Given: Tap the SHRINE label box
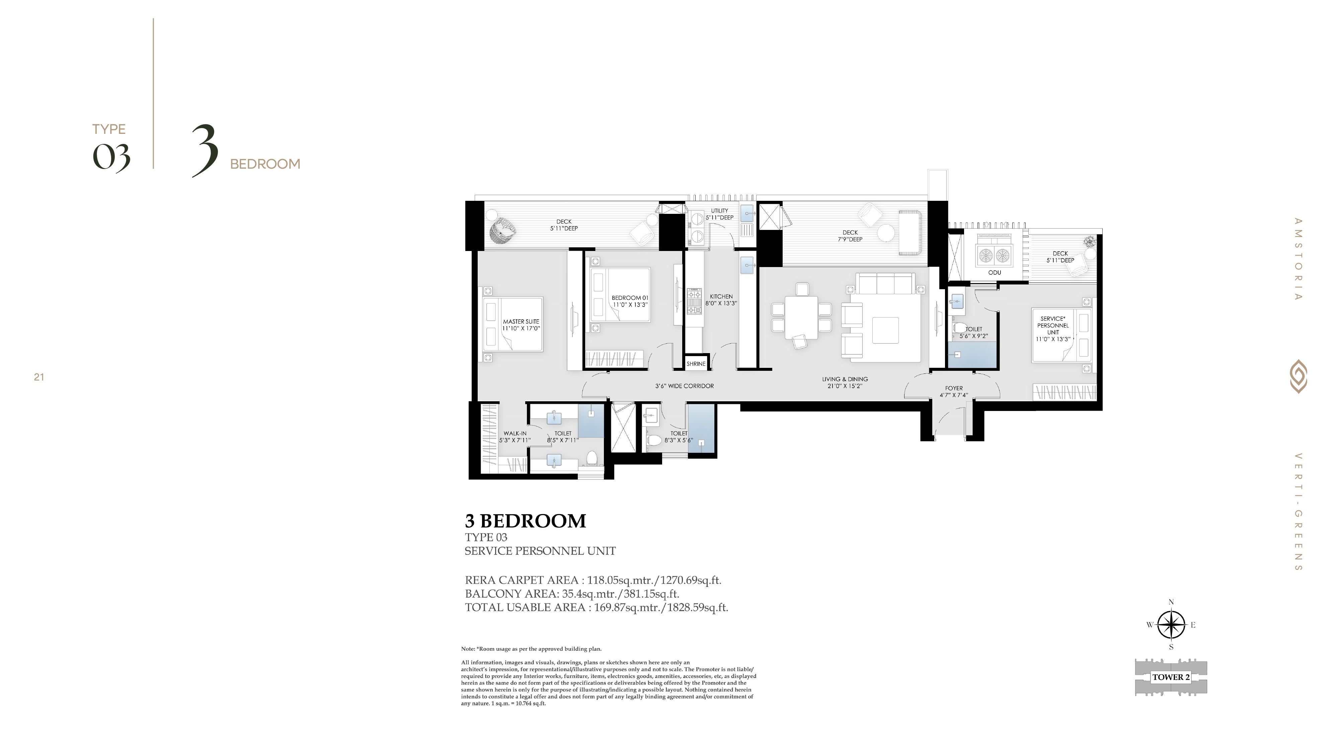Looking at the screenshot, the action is [696, 364].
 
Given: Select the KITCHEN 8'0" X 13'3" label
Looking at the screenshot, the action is [721, 300].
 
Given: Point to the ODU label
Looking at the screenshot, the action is [994, 272].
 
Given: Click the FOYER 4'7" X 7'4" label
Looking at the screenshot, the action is [954, 391].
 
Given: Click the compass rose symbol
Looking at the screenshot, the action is [1171, 624].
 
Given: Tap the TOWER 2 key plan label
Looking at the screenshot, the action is [1171, 677].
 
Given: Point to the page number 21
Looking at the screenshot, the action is [39, 377].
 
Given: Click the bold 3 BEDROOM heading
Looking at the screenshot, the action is [526, 521].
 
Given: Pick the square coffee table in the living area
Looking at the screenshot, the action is [885, 331].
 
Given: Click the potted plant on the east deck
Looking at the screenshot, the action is [1089, 241].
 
